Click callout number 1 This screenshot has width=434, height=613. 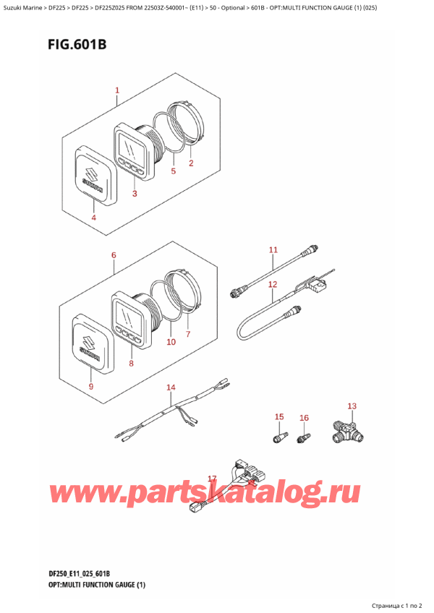pyautogui.click(x=116, y=91)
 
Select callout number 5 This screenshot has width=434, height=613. pyautogui.click(x=174, y=171)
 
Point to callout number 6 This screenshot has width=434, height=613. pyautogui.click(x=114, y=255)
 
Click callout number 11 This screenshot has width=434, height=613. pyautogui.click(x=273, y=250)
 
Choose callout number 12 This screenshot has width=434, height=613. pyautogui.click(x=273, y=285)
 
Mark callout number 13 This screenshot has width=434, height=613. pyautogui.click(x=352, y=406)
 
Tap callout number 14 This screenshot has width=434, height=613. pyautogui.click(x=170, y=388)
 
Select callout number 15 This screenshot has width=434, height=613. pyautogui.click(x=279, y=416)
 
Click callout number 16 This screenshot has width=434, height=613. pyautogui.click(x=304, y=418)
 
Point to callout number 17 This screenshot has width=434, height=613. pyautogui.click(x=212, y=479)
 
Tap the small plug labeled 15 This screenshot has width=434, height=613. pyautogui.click(x=278, y=437)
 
